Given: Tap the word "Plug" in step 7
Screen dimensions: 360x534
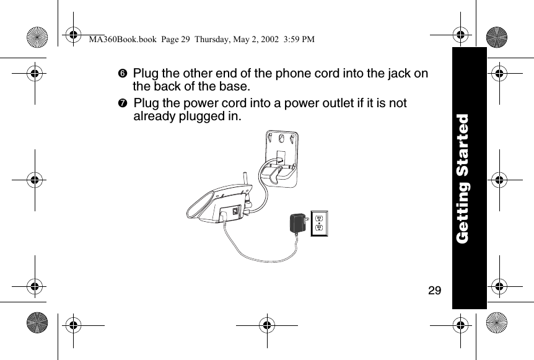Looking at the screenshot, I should tap(146, 103).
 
